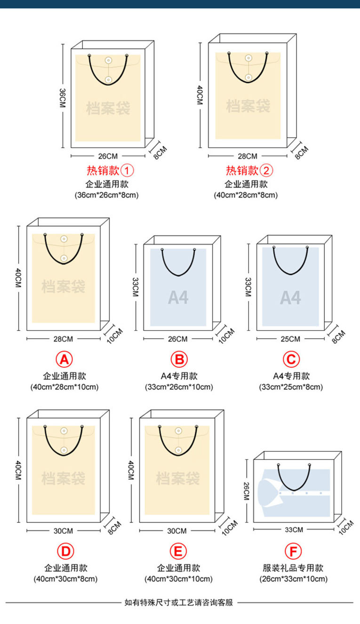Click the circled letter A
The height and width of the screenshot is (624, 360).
(x=64, y=360)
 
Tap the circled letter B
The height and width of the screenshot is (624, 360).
(x=179, y=360)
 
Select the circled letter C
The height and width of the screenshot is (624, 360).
(x=291, y=360)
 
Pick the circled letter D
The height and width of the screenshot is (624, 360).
(x=66, y=552)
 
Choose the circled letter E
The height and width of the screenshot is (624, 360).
(x=178, y=552)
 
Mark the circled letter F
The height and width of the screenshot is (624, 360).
(x=294, y=552)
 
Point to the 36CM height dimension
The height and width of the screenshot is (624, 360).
(x=62, y=98)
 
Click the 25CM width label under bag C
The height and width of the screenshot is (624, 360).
(x=290, y=339)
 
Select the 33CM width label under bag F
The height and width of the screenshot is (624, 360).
(x=294, y=529)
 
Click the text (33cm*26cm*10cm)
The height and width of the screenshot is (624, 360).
(x=179, y=387)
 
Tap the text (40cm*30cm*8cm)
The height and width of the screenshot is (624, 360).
(x=66, y=579)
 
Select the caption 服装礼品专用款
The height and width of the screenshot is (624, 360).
(x=294, y=568)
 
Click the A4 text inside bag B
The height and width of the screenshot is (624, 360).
(x=178, y=298)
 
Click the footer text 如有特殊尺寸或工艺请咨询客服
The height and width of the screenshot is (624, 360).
(x=179, y=602)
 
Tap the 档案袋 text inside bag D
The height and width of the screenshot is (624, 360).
(x=63, y=479)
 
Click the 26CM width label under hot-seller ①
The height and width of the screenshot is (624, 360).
(x=108, y=156)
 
